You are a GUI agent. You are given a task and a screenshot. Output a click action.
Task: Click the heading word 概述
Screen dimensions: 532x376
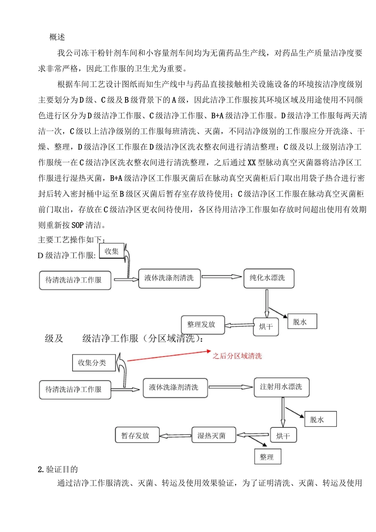[x=57, y=37]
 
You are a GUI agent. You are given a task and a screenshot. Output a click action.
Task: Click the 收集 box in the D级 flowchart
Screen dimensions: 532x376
[x=112, y=251]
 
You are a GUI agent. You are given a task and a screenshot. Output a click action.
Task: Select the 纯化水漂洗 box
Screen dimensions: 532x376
[x=268, y=278]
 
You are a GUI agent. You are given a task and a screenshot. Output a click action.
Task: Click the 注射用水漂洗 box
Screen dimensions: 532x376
[x=281, y=387]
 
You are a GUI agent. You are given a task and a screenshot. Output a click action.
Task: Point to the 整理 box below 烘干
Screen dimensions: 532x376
[x=267, y=457]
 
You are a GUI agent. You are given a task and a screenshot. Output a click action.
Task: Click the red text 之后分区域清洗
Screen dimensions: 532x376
[x=237, y=356]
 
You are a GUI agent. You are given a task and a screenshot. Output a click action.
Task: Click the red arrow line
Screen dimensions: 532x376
[x=168, y=355]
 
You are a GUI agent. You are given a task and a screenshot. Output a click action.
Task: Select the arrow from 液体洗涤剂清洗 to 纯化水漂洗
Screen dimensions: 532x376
[x=221, y=277]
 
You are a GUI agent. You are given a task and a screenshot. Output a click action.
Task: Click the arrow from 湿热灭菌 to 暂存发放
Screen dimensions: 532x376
[x=175, y=436]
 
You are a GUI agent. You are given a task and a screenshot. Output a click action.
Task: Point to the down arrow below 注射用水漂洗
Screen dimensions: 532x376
[x=283, y=412]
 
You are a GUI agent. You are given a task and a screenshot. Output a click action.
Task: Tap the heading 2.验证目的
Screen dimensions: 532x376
[x=58, y=469]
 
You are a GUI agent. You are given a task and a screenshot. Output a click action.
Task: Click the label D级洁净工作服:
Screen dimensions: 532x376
[x=66, y=256]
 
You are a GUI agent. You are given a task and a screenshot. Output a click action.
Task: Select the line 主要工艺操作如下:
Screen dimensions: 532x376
[x=72, y=240]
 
